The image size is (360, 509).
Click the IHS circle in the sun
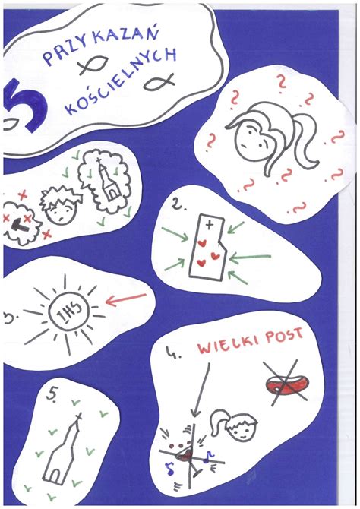pos(69,313)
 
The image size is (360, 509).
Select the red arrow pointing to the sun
pos(126,299)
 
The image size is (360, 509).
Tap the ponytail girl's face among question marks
pos(255,139)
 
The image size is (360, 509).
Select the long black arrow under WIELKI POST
pos(201,390)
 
